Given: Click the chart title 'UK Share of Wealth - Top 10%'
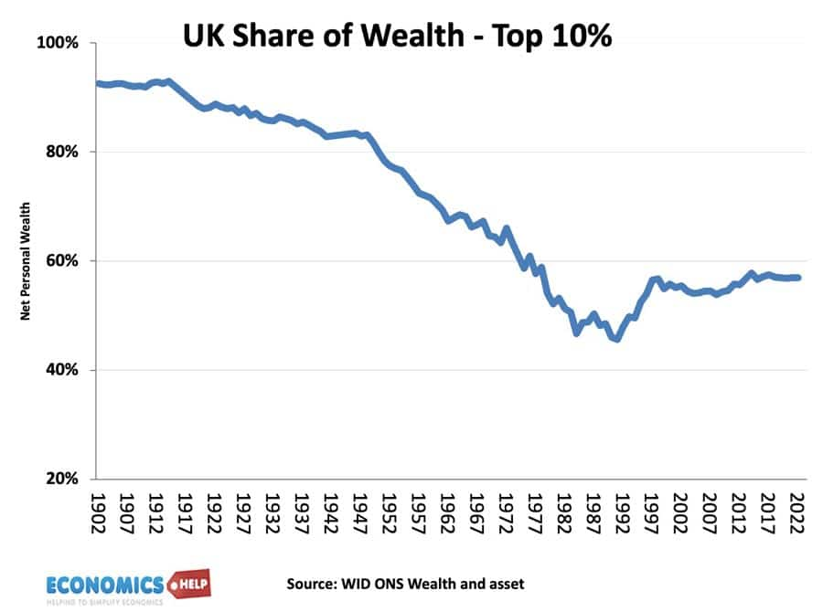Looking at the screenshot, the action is click(x=398, y=36).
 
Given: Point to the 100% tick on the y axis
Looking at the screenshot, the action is click(x=58, y=43).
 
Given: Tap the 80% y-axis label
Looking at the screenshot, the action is click(x=62, y=152).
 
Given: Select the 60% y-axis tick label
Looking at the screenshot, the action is click(x=62, y=260).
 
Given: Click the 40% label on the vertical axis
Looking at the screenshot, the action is click(x=62, y=370).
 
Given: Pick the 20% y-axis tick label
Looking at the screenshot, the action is click(x=62, y=479).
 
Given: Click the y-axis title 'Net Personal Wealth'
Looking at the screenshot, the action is click(x=26, y=261).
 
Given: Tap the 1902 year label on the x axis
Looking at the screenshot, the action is click(x=98, y=512).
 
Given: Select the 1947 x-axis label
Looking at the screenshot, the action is click(x=359, y=512).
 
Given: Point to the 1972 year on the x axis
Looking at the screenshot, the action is click(x=506, y=512).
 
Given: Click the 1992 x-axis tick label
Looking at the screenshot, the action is click(x=622, y=512).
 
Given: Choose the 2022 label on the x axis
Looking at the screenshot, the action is click(x=796, y=512).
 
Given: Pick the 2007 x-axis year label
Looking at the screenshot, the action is click(x=710, y=512).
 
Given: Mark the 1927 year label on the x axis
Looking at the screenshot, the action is click(x=243, y=512).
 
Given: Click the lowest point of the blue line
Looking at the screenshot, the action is click(x=616, y=340).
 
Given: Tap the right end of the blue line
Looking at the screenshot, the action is click(x=798, y=278).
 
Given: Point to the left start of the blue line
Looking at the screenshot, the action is click(x=97, y=83).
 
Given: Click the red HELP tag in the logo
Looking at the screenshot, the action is click(x=189, y=583).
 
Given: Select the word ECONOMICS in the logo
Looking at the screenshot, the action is click(x=105, y=586).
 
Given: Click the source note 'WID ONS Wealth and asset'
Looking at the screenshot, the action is click(x=433, y=584).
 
